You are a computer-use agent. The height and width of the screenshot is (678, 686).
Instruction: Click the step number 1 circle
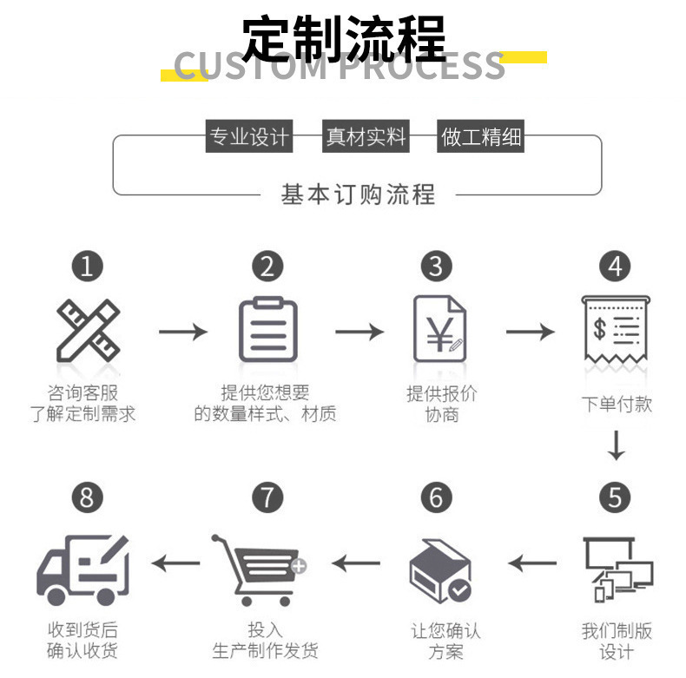87,266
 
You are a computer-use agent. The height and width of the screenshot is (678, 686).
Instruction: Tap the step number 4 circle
616,266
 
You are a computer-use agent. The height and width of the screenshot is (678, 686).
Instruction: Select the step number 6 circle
436,497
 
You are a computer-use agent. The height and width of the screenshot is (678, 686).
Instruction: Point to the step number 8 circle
87,497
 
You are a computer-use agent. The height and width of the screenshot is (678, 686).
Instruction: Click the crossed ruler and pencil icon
88,330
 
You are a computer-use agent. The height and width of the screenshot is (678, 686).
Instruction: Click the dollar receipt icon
616,331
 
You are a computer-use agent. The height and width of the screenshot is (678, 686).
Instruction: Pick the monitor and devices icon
617,569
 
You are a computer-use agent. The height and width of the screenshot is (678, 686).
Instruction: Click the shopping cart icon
260,569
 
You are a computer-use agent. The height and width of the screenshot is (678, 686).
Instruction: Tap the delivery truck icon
83,569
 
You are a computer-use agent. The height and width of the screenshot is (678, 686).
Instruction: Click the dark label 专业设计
247,137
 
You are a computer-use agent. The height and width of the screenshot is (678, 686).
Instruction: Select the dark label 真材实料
366,137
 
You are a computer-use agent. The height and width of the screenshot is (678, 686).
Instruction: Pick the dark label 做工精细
482,137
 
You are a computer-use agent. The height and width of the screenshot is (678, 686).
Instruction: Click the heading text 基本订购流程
358,194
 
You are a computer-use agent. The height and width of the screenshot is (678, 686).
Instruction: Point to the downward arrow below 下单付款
616,445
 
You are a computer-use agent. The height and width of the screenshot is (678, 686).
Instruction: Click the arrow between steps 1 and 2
182,331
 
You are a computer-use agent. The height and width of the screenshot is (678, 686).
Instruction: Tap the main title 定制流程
343,37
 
